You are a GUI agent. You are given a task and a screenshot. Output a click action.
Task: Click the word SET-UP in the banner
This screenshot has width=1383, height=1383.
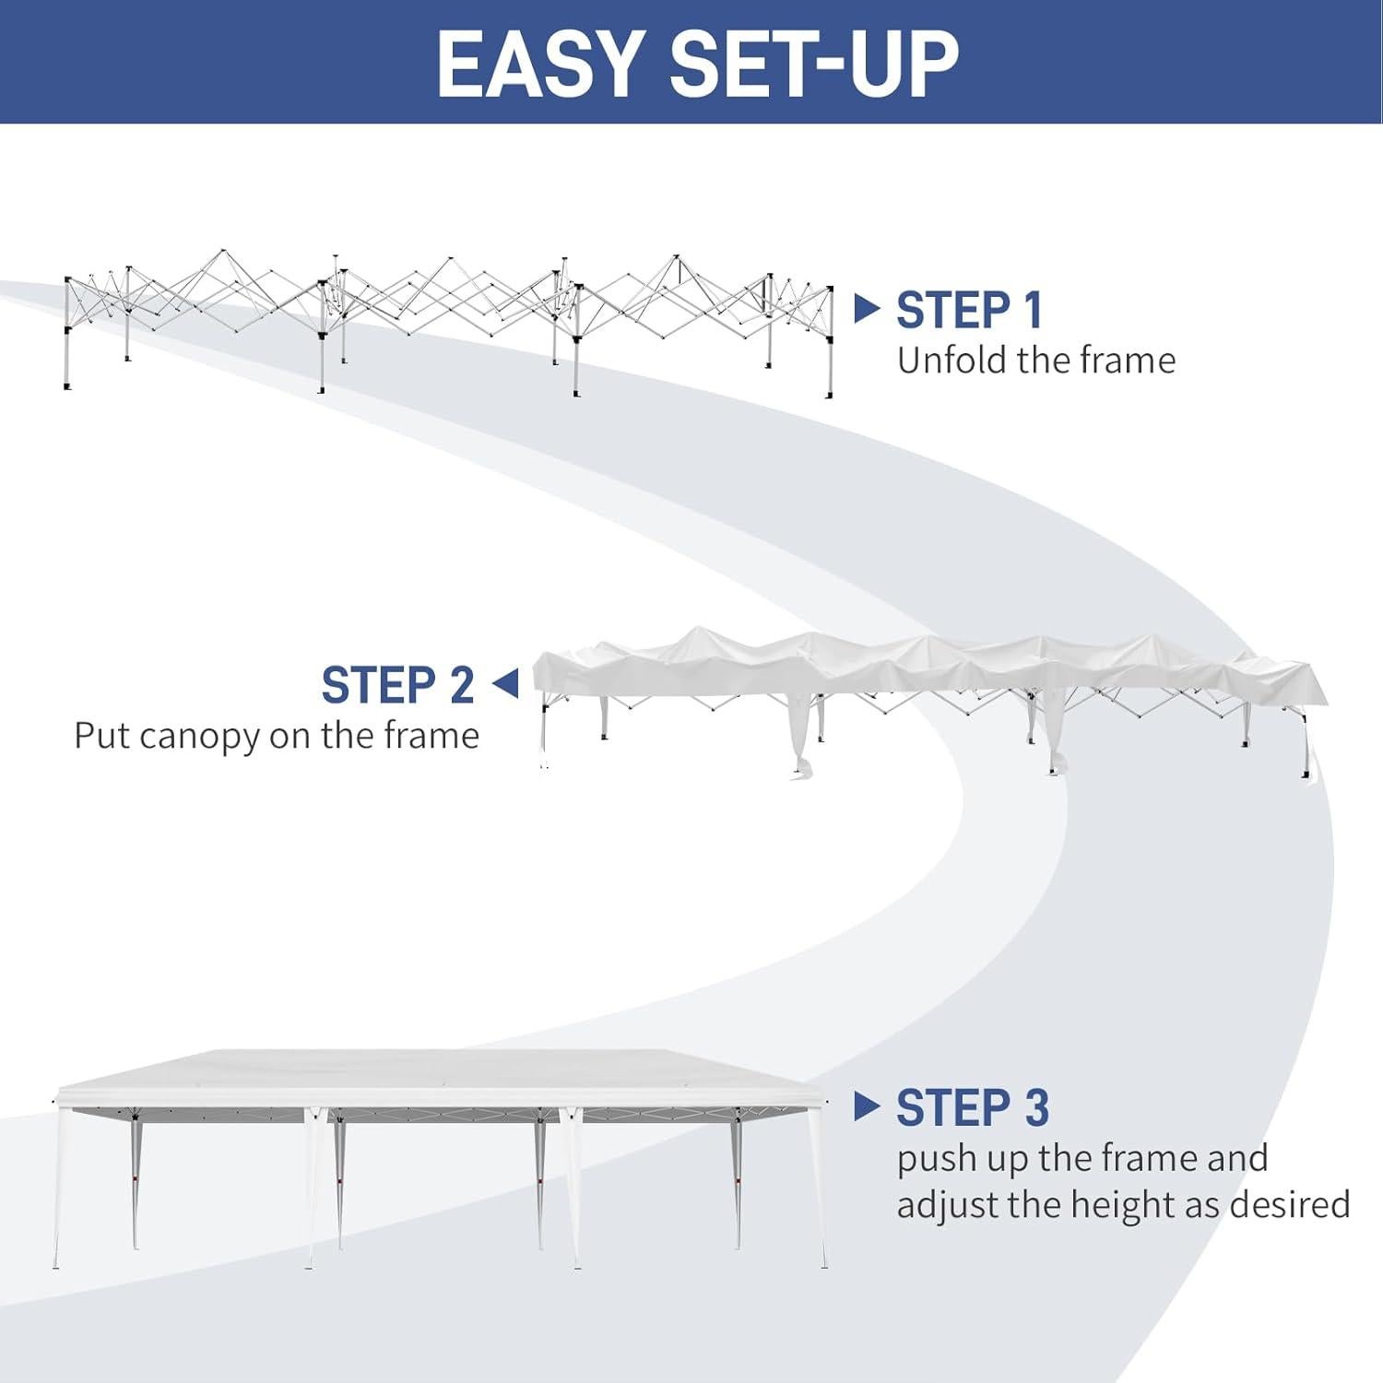(x=813, y=63)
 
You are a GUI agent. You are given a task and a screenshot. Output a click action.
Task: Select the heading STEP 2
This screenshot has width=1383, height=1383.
(x=397, y=685)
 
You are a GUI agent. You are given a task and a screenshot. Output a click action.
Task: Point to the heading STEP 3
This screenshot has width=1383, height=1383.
(x=972, y=1107)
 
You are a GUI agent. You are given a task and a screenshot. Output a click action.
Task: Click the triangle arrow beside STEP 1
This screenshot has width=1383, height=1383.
(x=866, y=308)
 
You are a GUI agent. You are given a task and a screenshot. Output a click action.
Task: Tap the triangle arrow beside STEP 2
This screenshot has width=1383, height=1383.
(x=506, y=684)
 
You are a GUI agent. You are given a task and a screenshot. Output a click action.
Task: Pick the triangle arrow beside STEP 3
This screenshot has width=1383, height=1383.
(x=866, y=1105)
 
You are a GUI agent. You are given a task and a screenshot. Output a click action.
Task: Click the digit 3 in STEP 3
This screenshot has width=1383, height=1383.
(x=1036, y=1107)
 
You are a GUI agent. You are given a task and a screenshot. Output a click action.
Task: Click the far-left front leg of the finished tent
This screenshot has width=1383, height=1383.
(x=57, y=1189)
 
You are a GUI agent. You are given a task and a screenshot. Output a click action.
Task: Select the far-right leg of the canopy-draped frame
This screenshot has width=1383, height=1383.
(x=1306, y=747)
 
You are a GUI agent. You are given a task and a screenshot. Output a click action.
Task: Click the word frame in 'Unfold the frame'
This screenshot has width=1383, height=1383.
(x=1130, y=361)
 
